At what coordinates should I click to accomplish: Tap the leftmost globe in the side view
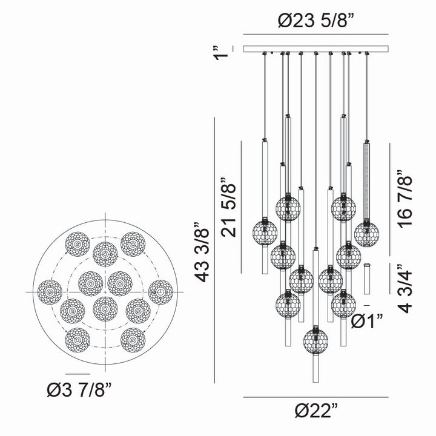point(265,232)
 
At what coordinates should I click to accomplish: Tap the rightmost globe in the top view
point(160,292)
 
